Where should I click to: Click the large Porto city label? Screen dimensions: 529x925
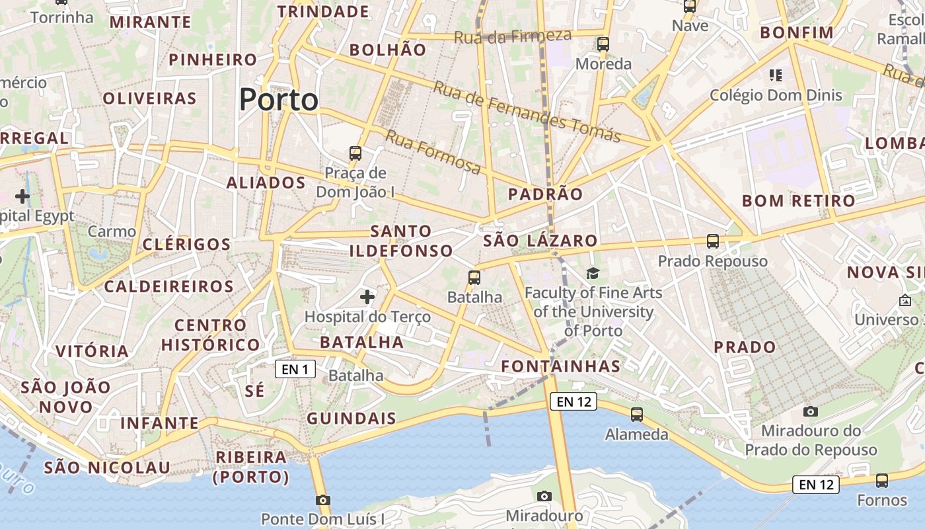click(279, 100)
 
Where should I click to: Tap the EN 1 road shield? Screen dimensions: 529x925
click(295, 370)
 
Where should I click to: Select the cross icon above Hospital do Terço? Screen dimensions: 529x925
click(367, 297)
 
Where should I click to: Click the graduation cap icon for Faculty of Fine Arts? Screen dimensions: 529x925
click(593, 273)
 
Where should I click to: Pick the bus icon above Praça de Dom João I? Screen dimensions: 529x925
click(355, 153)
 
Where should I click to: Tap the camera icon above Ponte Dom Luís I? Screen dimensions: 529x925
click(322, 500)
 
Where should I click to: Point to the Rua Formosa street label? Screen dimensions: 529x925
click(433, 152)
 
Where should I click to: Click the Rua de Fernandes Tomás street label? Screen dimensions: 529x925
click(527, 111)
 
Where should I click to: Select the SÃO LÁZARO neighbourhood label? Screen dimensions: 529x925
click(540, 241)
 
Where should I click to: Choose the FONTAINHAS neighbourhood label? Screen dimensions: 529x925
click(561, 366)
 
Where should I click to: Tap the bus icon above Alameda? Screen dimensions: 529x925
click(637, 415)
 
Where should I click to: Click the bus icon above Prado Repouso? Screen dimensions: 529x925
click(712, 241)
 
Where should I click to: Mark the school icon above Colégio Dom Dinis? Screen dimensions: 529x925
click(776, 75)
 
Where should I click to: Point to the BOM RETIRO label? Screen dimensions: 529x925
click(798, 201)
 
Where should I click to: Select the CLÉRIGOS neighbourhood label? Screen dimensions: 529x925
click(186, 244)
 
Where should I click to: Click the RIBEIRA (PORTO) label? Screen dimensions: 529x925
click(251, 467)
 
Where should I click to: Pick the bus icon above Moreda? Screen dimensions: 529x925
click(603, 44)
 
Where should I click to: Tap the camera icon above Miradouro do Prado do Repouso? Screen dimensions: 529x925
click(811, 411)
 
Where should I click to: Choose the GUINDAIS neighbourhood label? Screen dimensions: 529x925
click(351, 419)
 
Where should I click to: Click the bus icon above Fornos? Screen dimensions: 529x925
click(882, 481)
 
